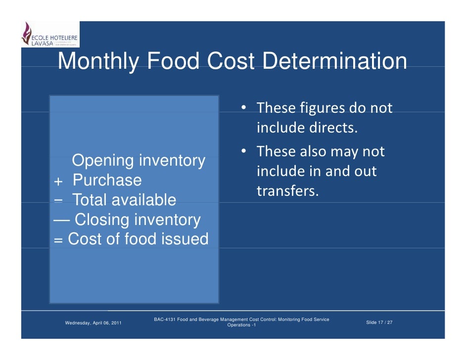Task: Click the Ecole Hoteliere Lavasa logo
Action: tap(49, 35)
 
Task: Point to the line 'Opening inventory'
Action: tap(139, 161)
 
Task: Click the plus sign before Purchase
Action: tap(58, 181)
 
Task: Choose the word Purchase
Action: tap(107, 180)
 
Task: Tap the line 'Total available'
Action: tap(124, 200)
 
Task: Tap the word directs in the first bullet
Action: tap(333, 128)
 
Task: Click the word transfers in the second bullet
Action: tap(287, 191)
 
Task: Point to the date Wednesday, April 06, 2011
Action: tap(94, 323)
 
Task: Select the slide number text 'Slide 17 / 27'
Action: tap(379, 322)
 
